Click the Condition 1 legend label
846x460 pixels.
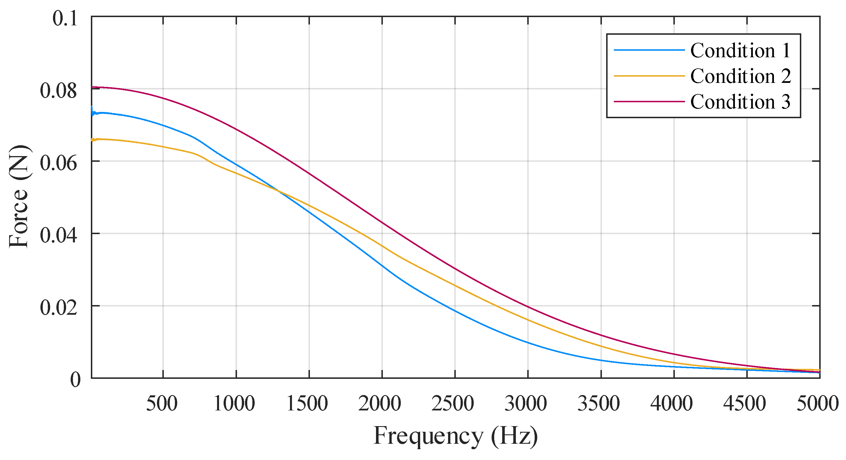[740, 51]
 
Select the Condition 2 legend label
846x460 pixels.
[740, 76]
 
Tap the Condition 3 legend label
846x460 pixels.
[740, 101]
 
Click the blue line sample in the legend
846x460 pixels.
[649, 50]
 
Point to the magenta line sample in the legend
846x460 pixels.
[649, 101]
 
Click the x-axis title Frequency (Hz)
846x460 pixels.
[455, 436]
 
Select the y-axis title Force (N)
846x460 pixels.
[19, 196]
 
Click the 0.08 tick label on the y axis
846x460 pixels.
[59, 90]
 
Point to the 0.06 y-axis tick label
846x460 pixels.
[59, 163]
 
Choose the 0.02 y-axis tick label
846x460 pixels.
[59, 308]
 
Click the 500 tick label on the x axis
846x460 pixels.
[162, 403]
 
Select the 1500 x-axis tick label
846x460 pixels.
[307, 403]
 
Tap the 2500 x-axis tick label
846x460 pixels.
[453, 403]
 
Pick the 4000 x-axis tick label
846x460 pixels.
[672, 403]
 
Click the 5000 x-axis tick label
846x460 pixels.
[818, 403]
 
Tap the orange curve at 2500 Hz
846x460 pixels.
[455, 285]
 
